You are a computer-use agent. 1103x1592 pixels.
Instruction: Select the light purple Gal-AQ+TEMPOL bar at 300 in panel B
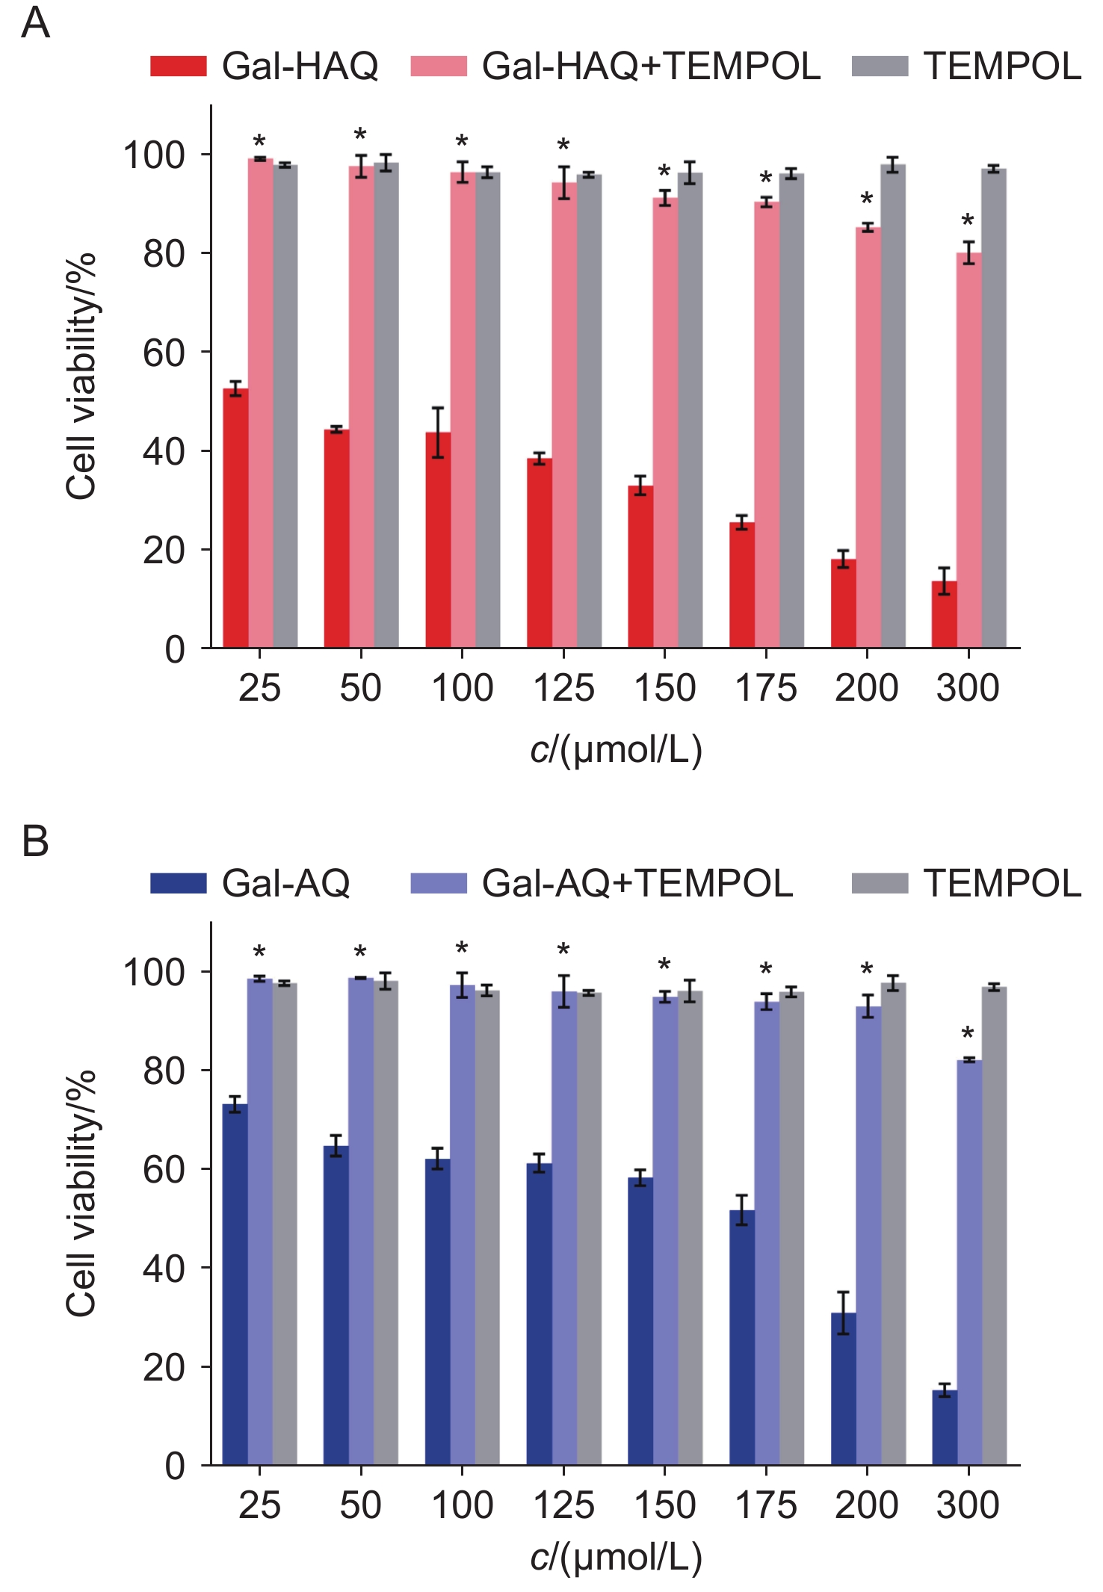[969, 1262]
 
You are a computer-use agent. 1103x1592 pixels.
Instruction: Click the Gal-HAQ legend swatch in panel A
[178, 66]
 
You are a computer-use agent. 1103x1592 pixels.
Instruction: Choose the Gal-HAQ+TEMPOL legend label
[651, 66]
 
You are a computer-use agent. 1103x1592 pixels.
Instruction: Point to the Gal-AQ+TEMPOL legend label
[637, 884]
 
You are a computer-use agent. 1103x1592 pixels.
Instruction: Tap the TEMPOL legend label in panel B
[1002, 884]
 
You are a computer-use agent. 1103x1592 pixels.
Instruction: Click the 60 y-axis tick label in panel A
[164, 353]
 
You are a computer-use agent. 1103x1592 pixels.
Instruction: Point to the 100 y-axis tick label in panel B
[154, 973]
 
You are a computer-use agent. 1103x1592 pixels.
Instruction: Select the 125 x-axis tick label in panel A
[563, 688]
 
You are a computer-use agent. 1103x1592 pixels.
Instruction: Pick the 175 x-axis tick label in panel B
[766, 1505]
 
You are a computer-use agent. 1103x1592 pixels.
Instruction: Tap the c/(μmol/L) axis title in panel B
[617, 1557]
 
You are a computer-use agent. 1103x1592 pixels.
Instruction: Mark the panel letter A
[35, 24]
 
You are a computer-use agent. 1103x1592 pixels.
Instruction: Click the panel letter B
[35, 842]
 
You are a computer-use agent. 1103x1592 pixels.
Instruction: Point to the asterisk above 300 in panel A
[968, 221]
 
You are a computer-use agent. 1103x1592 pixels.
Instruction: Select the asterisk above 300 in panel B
[968, 1035]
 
